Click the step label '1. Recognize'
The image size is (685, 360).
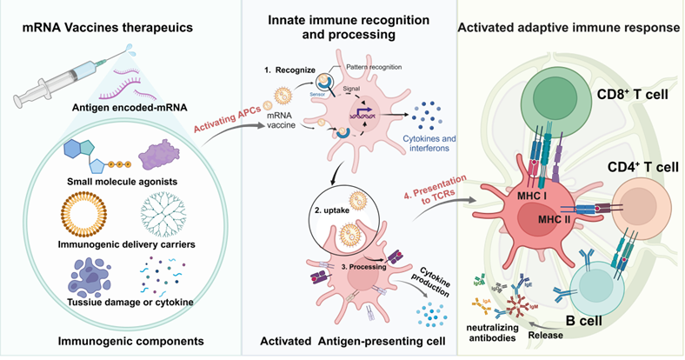click(x=290, y=65)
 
